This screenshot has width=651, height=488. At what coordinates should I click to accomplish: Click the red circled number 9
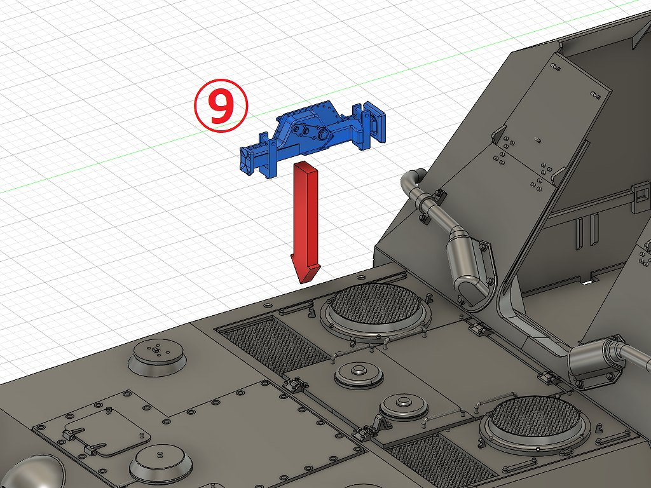click(221, 106)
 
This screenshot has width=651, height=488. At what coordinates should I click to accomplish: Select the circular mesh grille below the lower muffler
click(535, 420)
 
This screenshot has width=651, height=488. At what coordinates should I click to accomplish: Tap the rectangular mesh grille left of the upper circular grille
click(274, 344)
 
